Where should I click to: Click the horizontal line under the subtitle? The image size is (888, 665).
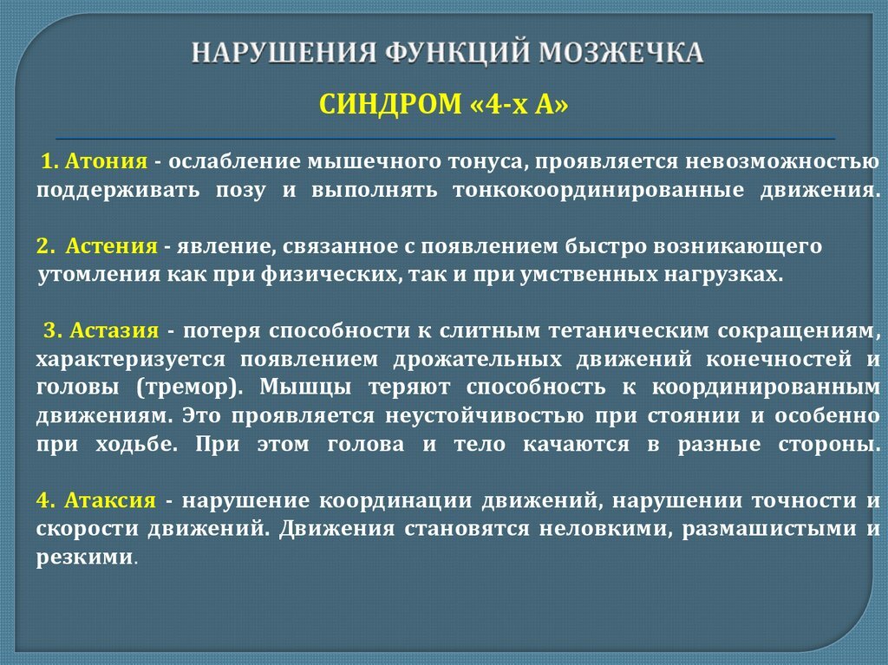[x=445, y=139]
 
